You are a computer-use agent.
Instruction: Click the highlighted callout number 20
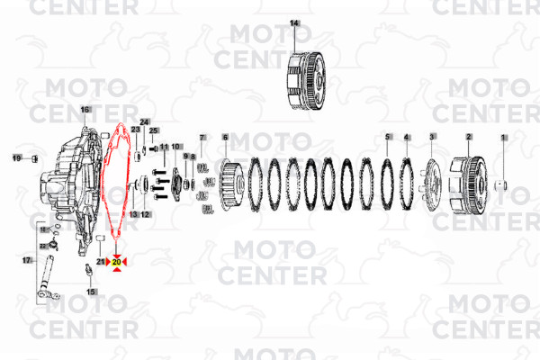[117, 261]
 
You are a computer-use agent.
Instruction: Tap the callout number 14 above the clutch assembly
[294, 22]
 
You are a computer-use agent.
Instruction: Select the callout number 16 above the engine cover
[86, 110]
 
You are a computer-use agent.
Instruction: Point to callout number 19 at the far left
[16, 158]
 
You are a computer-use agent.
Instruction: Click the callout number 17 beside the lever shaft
[26, 259]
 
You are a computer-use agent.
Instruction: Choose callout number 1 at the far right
[504, 137]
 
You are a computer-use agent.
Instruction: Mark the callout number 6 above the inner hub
[225, 137]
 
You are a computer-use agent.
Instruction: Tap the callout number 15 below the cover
[91, 292]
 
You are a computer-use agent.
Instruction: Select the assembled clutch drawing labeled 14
[306, 83]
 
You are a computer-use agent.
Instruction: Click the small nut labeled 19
[34, 159]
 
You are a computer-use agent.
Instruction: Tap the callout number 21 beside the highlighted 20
[101, 261]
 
